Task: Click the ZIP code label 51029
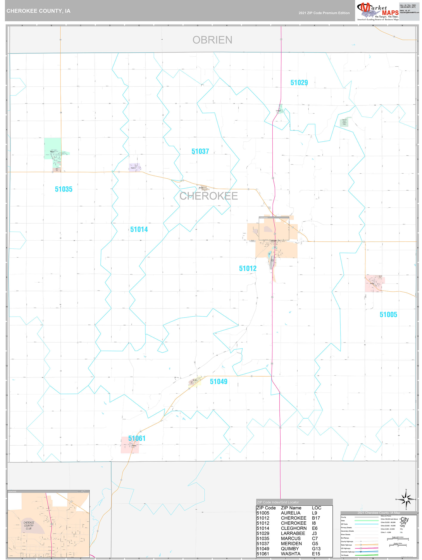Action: coord(299,83)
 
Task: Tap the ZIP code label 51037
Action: coord(200,151)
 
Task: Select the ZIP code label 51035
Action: coord(64,189)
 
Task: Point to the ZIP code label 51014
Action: coord(139,229)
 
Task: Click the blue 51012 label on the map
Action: coord(248,268)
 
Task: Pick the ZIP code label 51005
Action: coord(388,314)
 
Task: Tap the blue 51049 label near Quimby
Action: coord(219,381)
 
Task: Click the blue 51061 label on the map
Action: coord(137,438)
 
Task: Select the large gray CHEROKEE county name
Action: coord(209,196)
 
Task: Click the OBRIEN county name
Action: coord(212,40)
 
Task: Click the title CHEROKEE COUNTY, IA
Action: coord(39,11)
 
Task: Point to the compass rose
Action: coord(406,499)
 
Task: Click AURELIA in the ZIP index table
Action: coord(291,513)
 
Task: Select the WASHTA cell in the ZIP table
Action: coord(291,554)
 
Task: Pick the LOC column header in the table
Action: coord(317,508)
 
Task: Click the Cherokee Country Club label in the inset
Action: coord(29,526)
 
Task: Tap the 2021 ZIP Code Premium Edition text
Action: coord(324,13)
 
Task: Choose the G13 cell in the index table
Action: coord(316,549)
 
